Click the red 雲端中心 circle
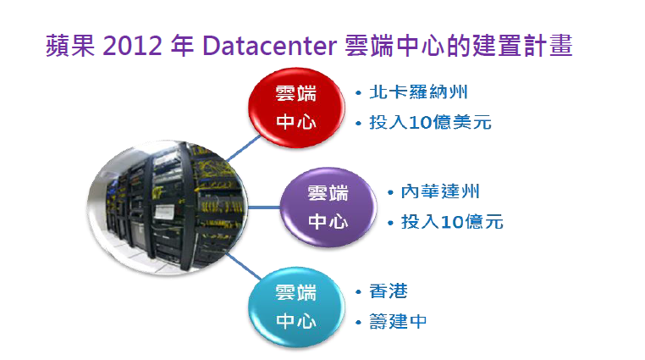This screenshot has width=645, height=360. tap(296, 108)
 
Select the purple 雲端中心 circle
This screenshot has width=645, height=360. tap(328, 208)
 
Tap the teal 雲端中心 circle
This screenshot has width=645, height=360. tap(296, 307)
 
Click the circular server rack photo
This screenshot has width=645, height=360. tap(168, 207)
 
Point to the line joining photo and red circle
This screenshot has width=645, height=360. tap(245, 148)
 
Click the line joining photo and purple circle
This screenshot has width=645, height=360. tap(264, 208)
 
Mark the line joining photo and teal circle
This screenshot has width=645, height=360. tap(244, 267)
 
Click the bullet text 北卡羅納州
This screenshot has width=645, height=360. tap(418, 92)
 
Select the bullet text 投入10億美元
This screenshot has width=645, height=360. tap(430, 122)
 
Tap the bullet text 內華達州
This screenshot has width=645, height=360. tap(440, 191)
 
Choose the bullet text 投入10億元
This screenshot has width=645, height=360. tap(452, 222)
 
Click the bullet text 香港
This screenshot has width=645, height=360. tap(389, 291)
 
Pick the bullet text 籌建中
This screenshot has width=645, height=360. tap(398, 321)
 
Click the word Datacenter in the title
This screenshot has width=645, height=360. tap(270, 46)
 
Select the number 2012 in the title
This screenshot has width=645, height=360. tap(132, 46)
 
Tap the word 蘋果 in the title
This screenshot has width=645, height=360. tap(70, 45)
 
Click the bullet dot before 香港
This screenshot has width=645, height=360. tap(358, 292)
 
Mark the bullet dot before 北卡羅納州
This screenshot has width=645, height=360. tap(358, 93)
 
